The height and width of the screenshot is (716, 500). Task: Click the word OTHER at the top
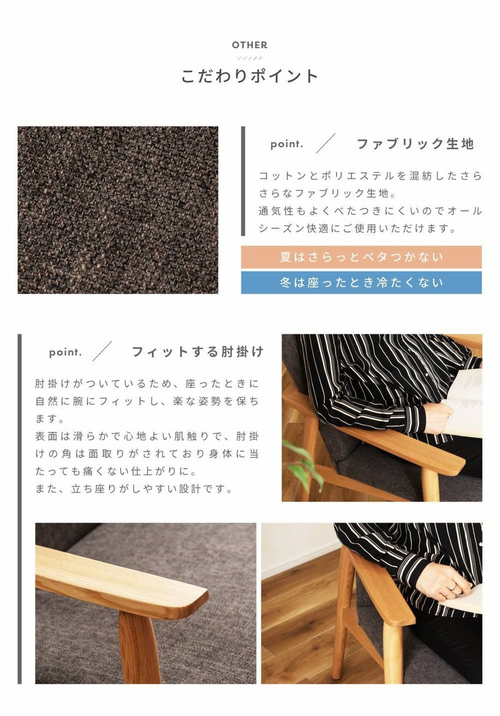click(250, 45)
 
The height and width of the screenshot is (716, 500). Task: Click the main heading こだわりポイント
click(250, 76)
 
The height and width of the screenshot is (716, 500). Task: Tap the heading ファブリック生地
click(415, 144)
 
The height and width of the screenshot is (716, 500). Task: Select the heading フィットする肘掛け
click(197, 352)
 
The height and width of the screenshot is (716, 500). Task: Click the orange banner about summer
click(361, 257)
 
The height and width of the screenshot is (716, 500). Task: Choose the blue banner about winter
click(361, 283)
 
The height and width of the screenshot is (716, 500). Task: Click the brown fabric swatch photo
click(117, 210)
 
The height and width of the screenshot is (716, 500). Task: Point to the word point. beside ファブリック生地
click(287, 144)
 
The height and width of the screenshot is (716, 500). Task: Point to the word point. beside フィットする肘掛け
click(66, 352)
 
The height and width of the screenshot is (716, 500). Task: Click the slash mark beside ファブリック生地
click(326, 143)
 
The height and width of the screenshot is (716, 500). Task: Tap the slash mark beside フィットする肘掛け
click(102, 351)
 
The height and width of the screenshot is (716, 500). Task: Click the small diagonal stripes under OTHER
click(250, 58)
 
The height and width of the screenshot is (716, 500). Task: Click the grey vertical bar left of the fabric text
click(243, 181)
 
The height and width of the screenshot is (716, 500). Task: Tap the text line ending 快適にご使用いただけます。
click(357, 228)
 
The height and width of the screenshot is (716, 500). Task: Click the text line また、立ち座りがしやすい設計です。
click(134, 489)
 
